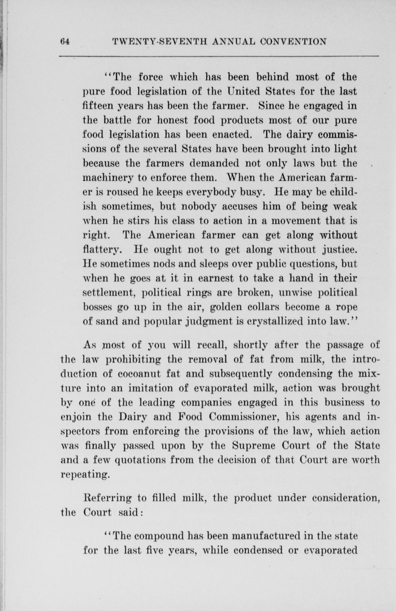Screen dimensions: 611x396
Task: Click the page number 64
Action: click(65, 42)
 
